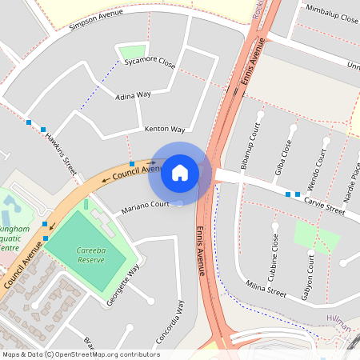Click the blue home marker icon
click(180, 171)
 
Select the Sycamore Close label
click(156, 62)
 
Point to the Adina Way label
click(133, 95)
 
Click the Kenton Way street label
click(165, 129)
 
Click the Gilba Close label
click(282, 154)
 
